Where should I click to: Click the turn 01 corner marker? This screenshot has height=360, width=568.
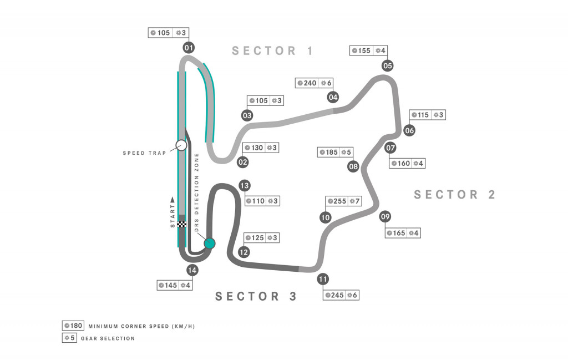pyautogui.click(x=189, y=48)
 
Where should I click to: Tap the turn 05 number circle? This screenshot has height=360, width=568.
pyautogui.click(x=388, y=66)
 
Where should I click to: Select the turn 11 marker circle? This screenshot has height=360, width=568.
pyautogui.click(x=323, y=279)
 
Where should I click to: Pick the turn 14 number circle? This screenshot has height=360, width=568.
pyautogui.click(x=192, y=271)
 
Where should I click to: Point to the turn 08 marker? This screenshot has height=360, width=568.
pyautogui.click(x=353, y=166)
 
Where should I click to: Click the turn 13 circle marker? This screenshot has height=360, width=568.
pyautogui.click(x=244, y=186)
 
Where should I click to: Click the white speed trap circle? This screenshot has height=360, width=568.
pyautogui.click(x=181, y=145)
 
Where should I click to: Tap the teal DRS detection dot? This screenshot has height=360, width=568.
pyautogui.click(x=209, y=243)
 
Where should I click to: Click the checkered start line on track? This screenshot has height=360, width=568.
pyautogui.click(x=181, y=224)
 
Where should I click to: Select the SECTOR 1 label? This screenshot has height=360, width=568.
pyautogui.click(x=273, y=51)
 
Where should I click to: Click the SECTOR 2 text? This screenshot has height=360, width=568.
pyautogui.click(x=454, y=195)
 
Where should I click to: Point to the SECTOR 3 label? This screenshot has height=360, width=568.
pyautogui.click(x=256, y=296)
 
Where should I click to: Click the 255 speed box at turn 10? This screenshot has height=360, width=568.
pyautogui.click(x=336, y=201)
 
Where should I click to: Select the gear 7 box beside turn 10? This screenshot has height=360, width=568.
pyautogui.click(x=354, y=201)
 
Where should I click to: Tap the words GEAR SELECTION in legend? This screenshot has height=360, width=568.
pyautogui.click(x=108, y=338)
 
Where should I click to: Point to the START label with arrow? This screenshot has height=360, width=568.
pyautogui.click(x=173, y=213)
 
